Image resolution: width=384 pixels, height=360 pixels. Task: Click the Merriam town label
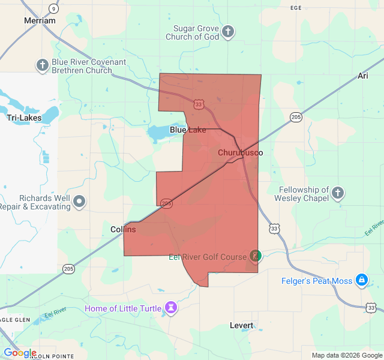point(40,20)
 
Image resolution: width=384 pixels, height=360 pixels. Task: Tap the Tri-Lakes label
point(24,118)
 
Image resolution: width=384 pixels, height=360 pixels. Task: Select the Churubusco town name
point(240,153)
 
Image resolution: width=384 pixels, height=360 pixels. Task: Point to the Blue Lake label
point(188,130)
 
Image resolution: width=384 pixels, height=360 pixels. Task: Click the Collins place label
point(123,229)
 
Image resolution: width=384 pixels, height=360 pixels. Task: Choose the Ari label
point(362,76)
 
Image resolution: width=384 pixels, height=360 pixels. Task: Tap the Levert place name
point(242,325)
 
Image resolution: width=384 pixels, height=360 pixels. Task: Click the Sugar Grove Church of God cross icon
point(227,32)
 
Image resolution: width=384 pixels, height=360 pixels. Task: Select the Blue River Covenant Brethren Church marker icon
point(42,65)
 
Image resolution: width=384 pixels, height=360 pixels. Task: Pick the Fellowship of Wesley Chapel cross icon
point(338,193)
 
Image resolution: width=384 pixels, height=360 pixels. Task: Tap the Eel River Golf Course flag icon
point(255,256)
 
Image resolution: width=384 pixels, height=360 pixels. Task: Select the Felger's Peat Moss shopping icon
point(362,280)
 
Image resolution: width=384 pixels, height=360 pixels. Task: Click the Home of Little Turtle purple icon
point(172,308)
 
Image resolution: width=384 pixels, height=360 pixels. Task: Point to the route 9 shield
point(53,8)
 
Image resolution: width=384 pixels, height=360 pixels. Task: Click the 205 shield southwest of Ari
point(295,117)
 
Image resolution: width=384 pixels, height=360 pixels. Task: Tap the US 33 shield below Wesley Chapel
point(274,228)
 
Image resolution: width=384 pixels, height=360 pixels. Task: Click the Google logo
point(20,353)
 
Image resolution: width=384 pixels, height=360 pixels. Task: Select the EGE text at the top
point(295,8)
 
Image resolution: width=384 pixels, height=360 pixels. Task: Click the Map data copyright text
point(347,355)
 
